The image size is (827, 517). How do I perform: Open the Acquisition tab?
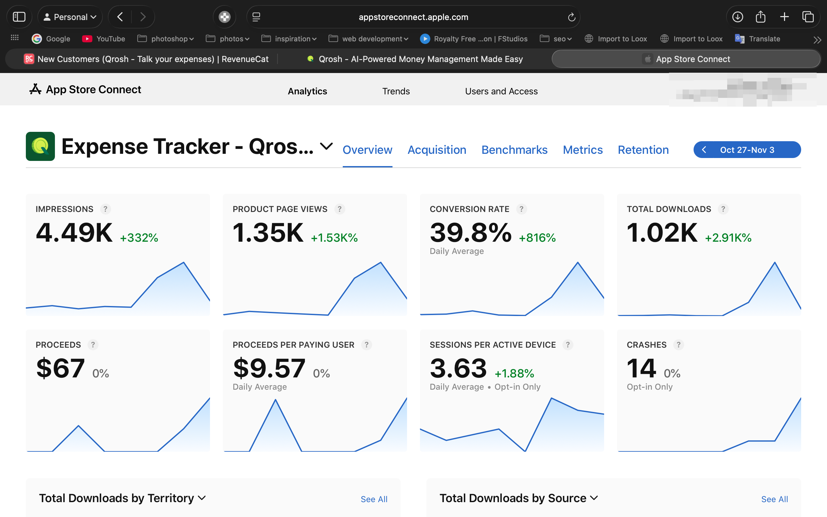437,150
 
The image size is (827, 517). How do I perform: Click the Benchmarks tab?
514,150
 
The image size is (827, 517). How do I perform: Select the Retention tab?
643,150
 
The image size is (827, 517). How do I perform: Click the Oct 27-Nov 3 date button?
747,150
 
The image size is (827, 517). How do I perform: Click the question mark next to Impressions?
105,209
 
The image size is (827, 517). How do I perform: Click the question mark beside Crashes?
678,345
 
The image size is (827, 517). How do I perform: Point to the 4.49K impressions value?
74,233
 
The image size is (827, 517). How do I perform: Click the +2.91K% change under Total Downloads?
728,237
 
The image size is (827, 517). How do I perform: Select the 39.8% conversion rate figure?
471,233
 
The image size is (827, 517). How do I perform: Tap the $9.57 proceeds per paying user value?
269,368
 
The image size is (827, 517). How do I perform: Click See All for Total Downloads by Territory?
374,499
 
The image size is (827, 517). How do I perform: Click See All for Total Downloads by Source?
774,499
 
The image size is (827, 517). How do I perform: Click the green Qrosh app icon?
40,146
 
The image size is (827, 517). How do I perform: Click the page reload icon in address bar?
571,17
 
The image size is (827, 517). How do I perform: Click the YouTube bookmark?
104,39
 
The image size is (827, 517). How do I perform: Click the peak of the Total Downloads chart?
774,263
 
